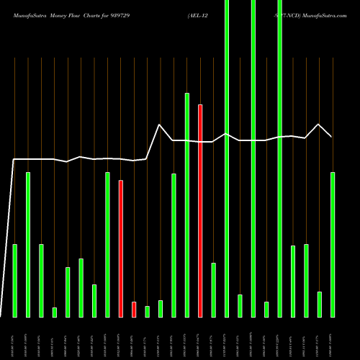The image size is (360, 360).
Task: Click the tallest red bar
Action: (x=200, y=210)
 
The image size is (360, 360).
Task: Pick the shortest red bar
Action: (x=134, y=309)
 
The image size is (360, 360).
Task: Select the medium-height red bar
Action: (x=121, y=248)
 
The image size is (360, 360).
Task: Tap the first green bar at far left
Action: (x=15, y=281)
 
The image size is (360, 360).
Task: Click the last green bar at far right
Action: (x=333, y=245)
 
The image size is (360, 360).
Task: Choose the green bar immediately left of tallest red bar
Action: (x=187, y=205)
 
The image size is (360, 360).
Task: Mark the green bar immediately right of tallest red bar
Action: (x=213, y=289)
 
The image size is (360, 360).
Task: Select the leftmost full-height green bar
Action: (x=227, y=158)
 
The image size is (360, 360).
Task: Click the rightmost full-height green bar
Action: (x=279, y=158)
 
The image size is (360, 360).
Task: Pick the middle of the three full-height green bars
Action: (x=253, y=158)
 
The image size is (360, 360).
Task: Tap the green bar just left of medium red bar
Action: (x=107, y=245)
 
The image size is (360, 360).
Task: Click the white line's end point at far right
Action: (x=332, y=136)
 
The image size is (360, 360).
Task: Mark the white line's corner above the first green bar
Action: (x=14, y=159)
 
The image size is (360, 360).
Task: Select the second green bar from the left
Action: (x=28, y=245)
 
